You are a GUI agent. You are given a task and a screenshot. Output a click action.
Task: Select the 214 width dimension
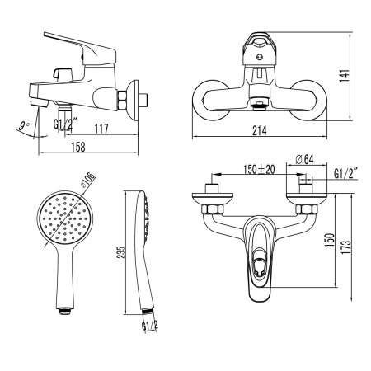(x=260, y=130)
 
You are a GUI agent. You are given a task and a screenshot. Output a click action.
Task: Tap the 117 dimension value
(x=101, y=129)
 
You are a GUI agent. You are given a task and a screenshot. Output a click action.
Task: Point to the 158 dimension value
(x=78, y=147)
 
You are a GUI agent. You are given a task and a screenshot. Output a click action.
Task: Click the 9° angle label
(x=24, y=125)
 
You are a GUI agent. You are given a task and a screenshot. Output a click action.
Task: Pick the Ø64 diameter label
(x=304, y=159)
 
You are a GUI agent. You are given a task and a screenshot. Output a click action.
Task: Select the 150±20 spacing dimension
(x=259, y=169)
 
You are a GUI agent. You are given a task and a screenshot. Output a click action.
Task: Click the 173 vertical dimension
(x=347, y=247)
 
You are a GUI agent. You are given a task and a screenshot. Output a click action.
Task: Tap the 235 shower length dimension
(x=121, y=252)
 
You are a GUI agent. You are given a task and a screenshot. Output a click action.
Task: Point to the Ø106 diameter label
(x=88, y=181)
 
